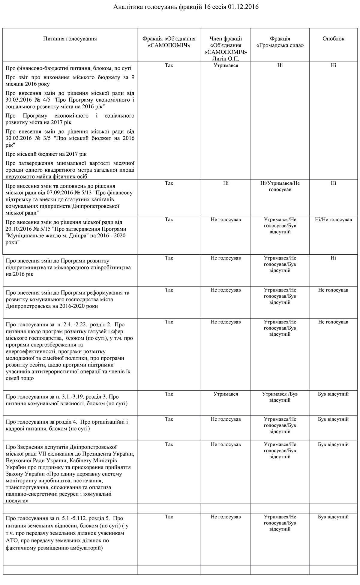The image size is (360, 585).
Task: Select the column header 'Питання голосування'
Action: click(70, 39)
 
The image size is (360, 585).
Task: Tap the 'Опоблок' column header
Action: click(333, 39)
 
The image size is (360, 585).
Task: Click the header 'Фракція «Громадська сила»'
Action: click(280, 42)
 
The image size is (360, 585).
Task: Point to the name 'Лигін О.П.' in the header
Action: click(226, 58)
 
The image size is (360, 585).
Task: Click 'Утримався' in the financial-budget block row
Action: click(226, 65)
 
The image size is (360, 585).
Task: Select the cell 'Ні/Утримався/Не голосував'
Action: click(280, 186)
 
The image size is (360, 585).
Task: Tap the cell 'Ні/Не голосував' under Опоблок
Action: click(333, 220)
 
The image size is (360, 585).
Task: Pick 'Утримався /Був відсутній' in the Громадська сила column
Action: click(280, 397)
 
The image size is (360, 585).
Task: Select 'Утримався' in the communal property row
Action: click(226, 394)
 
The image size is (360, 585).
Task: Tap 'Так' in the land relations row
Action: click(169, 517)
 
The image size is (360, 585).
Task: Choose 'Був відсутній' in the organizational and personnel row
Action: click(333, 419)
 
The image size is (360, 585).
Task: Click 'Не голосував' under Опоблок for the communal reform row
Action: click(333, 290)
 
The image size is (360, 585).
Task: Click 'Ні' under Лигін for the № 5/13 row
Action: click(226, 183)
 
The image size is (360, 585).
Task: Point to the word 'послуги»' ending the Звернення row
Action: click(17, 501)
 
